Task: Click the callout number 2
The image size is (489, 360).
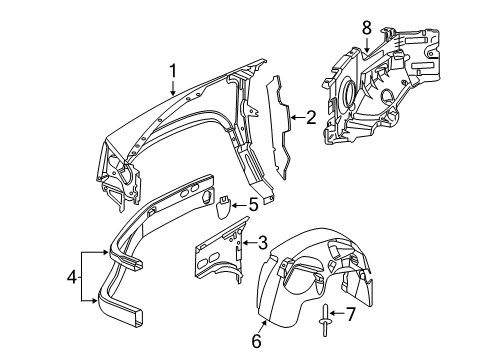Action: point(310,118)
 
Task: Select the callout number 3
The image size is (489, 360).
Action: point(263,240)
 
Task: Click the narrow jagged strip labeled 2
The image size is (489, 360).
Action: point(277,130)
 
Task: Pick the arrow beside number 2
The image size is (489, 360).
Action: point(295,118)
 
